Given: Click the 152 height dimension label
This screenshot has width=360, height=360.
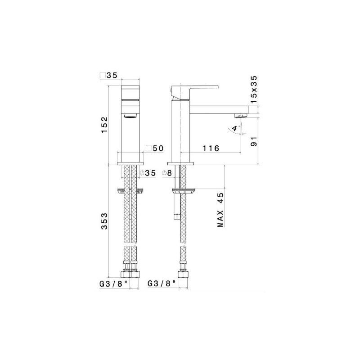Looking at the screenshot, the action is click(x=104, y=125).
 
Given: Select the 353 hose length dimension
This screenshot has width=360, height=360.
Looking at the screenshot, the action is click(x=104, y=221).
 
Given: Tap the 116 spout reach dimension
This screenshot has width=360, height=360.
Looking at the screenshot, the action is click(x=211, y=148).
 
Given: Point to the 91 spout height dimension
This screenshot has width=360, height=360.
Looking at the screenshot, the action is click(x=254, y=141).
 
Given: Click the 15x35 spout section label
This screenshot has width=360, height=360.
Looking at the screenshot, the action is click(x=254, y=90).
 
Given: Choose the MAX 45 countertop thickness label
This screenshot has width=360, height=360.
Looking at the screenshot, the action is click(x=220, y=210).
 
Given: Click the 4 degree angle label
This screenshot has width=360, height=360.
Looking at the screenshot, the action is click(x=234, y=128).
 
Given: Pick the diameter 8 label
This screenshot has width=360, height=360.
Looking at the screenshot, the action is click(x=167, y=173).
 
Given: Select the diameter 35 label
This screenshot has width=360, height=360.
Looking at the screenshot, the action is click(x=148, y=173).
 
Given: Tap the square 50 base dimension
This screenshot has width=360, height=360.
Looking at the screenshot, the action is click(x=155, y=148).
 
